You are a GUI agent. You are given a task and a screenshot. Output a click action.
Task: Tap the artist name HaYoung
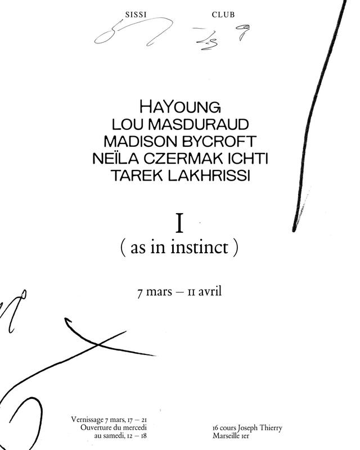click(180, 106)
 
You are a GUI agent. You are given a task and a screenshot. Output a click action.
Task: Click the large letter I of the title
click(180, 223)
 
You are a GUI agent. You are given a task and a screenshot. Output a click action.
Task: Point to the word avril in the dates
click(211, 293)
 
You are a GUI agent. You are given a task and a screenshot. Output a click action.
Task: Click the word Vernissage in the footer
click(88, 420)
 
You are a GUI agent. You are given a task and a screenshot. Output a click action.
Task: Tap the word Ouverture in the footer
click(96, 428)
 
